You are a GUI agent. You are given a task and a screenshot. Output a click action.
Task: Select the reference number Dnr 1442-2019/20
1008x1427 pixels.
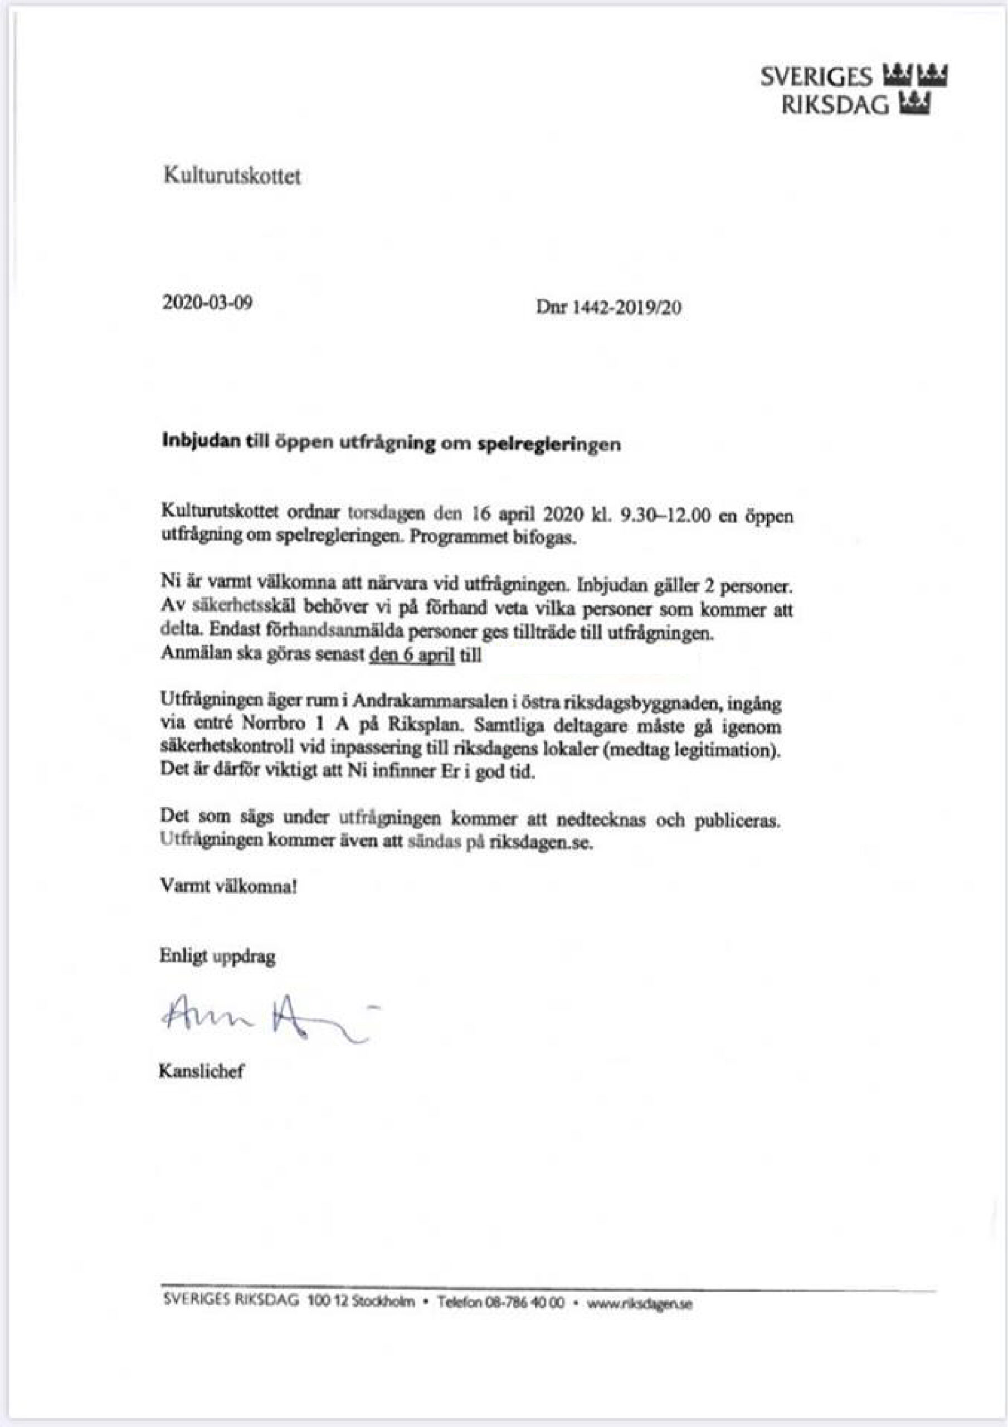pyautogui.click(x=608, y=307)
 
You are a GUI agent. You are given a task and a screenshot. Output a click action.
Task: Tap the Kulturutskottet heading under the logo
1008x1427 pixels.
pyautogui.click(x=232, y=176)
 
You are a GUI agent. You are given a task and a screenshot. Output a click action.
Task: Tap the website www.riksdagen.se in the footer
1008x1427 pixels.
pyautogui.click(x=639, y=1305)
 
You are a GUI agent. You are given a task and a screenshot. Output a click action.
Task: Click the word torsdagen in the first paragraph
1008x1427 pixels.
pyautogui.click(x=387, y=514)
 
